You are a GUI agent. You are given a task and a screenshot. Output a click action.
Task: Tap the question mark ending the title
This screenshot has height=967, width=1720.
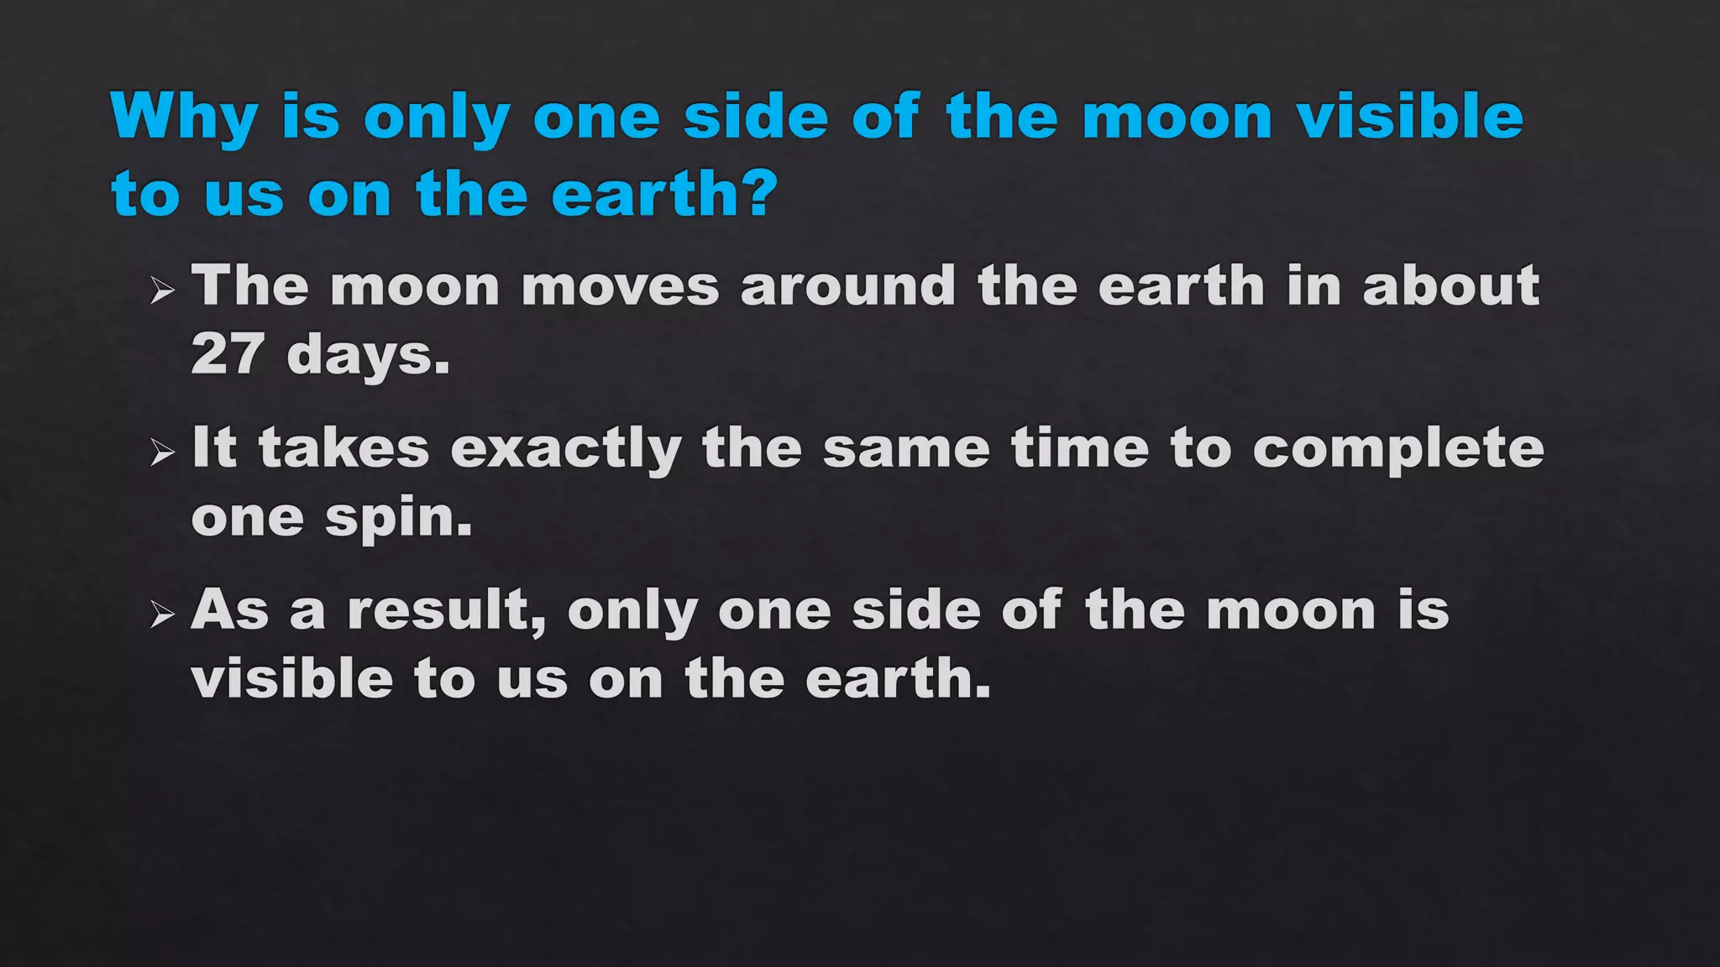[758, 193]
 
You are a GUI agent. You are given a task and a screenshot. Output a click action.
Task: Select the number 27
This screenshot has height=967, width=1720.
[227, 353]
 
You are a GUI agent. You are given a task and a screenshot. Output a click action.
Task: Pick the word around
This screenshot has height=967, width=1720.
[848, 286]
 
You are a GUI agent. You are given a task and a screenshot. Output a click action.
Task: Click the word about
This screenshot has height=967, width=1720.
[1451, 286]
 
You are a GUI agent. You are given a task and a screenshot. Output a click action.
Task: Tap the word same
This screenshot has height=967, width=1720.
[906, 448]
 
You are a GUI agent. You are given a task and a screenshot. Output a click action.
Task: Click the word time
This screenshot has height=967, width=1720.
[1080, 448]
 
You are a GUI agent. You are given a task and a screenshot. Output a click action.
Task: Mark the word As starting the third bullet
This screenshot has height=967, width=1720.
[229, 609]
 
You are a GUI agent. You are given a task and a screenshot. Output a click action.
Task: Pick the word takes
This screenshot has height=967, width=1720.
[344, 448]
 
